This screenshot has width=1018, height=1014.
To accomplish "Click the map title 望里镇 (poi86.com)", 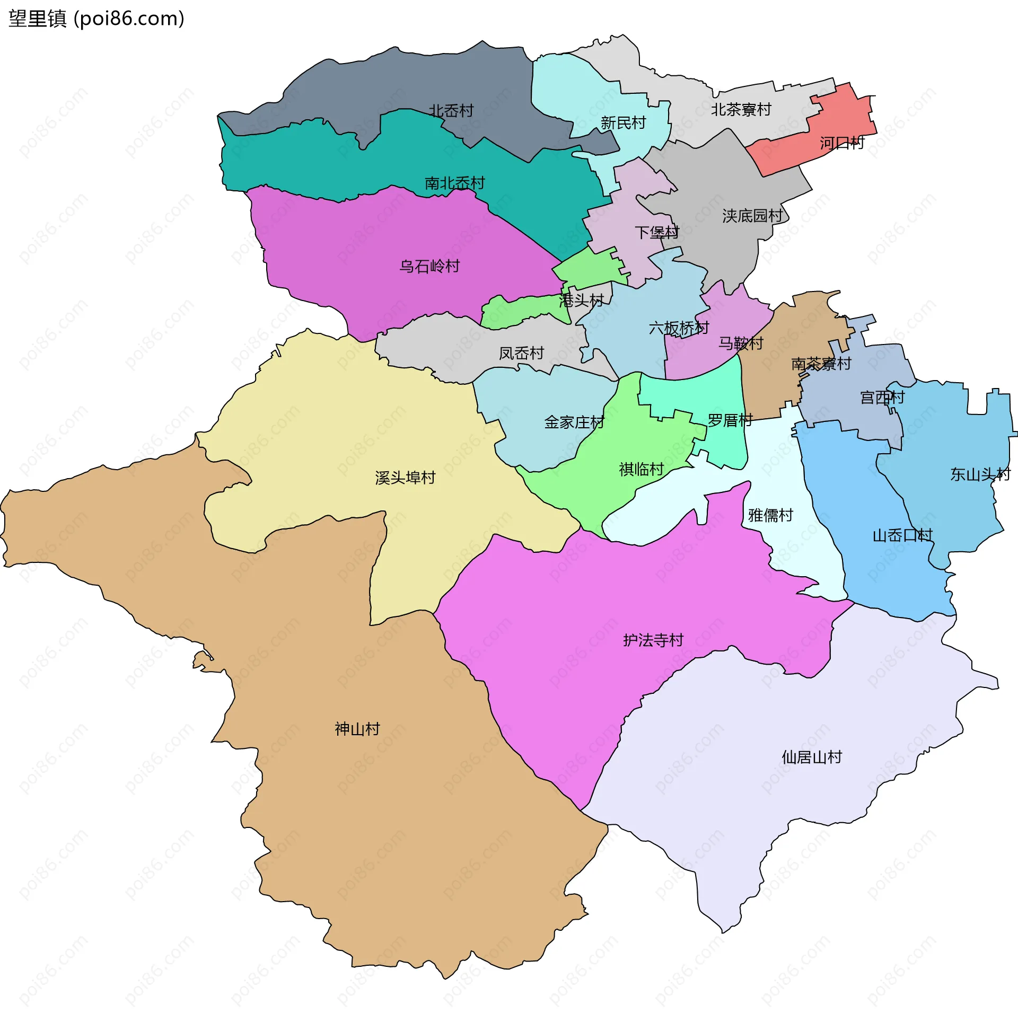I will point(96,19).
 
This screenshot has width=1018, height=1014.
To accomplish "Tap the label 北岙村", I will point(451,111).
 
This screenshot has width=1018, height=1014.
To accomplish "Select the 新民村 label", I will point(623,123).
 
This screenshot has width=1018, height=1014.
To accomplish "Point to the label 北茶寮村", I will point(741,110).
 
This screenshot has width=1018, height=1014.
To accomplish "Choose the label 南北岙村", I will point(454,183).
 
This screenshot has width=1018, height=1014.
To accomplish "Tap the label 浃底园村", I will point(752,216).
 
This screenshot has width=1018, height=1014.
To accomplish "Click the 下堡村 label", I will point(657,232).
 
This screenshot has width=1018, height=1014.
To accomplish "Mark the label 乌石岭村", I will point(429,266).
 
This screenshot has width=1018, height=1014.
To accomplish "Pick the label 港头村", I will point(581,301).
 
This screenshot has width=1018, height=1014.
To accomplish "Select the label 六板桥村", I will point(679,328).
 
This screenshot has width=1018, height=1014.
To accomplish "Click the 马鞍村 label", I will point(741,343).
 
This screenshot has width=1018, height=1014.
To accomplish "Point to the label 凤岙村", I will point(521,353).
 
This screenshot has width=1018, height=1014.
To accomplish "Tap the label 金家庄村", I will point(574,422).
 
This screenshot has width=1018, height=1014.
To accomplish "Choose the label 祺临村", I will point(642,469).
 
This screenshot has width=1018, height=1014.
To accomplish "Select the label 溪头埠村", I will point(405,478).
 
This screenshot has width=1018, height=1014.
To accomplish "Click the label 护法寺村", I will point(653,640).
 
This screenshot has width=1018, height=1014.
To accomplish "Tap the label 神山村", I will point(357,729).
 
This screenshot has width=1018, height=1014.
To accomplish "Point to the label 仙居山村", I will point(812,757).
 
